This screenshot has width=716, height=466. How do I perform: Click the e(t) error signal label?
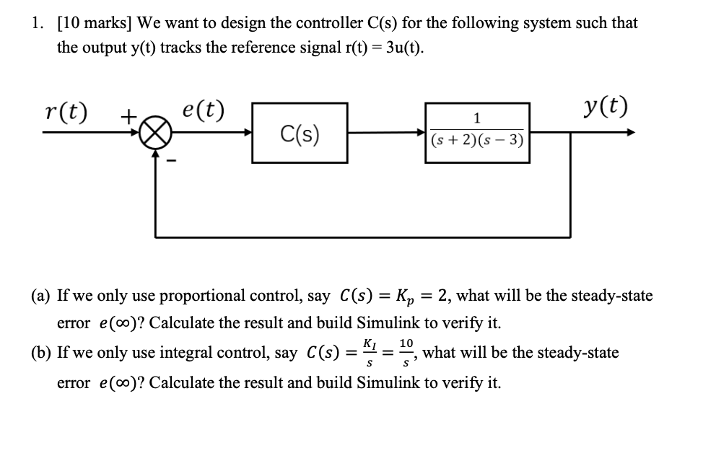click(203, 110)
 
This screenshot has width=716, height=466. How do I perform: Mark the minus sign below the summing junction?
click(171, 161)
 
